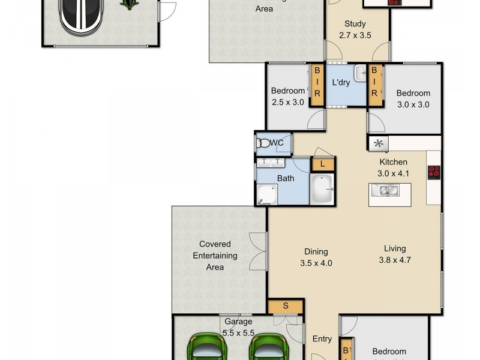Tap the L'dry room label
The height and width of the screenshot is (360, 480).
(341, 82)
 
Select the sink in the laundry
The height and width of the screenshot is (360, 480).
(360, 74)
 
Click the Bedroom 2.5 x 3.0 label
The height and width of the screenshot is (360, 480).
(287, 96)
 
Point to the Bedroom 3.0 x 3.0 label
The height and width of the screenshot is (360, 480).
(413, 98)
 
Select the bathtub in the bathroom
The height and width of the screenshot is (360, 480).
(326, 190)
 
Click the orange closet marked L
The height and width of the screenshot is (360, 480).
(323, 164)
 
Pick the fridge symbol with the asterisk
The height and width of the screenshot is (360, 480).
(378, 143)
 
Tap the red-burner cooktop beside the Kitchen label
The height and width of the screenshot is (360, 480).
(434, 172)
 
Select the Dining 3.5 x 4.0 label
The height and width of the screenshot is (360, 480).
(316, 257)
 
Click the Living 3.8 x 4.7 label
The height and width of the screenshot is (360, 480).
(392, 254)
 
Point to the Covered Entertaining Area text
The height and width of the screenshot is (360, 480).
(215, 255)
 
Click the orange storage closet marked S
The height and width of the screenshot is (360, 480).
(286, 306)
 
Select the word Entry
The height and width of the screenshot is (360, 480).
(322, 339)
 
